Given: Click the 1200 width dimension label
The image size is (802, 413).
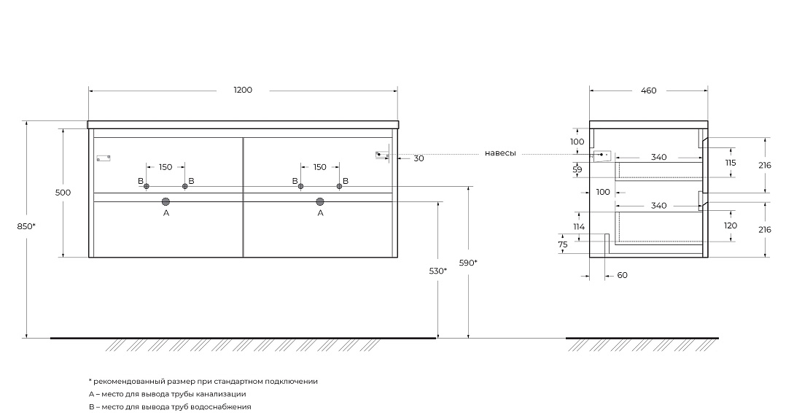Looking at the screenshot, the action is pyautogui.click(x=243, y=90).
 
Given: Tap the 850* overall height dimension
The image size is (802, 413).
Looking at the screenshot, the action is pyautogui.click(x=26, y=225).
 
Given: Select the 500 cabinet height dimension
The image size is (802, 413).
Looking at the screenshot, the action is pyautogui.click(x=63, y=193).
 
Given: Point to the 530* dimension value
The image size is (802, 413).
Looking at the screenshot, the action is pyautogui.click(x=438, y=271).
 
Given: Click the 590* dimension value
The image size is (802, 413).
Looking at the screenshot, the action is pyautogui.click(x=468, y=263).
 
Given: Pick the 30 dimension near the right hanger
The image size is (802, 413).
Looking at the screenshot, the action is pyautogui.click(x=419, y=158).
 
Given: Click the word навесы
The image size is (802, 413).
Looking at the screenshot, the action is pyautogui.click(x=500, y=153).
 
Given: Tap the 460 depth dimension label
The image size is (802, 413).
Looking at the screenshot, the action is pyautogui.click(x=649, y=90).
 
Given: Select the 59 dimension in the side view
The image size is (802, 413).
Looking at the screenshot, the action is pyautogui.click(x=577, y=169).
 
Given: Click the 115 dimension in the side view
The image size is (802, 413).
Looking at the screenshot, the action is pyautogui.click(x=731, y=163).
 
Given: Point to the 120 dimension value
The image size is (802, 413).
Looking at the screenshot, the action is pyautogui.click(x=731, y=225).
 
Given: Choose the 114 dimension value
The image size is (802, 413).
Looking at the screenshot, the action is pyautogui.click(x=578, y=227).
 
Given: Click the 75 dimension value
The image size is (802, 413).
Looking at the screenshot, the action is pyautogui.click(x=563, y=244).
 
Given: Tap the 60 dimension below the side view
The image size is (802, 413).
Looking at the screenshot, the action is pyautogui.click(x=622, y=275).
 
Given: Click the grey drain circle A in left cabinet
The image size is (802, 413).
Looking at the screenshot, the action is pyautogui.click(x=166, y=201).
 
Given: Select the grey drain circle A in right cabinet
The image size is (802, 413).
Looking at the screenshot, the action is pyautogui.click(x=320, y=201).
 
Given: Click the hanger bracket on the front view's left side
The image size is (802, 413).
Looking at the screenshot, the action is pyautogui.click(x=104, y=158).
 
